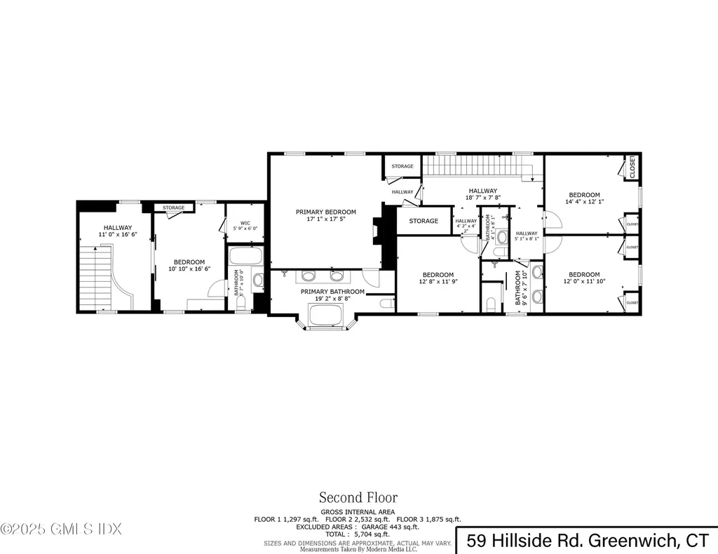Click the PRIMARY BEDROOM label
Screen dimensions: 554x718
coord(325,212)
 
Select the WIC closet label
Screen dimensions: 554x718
coord(245,224)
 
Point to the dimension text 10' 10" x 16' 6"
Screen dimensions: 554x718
coord(189,269)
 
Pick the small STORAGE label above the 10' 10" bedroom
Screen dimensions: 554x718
coord(174,208)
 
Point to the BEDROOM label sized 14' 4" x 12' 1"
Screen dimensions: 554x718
coord(584,195)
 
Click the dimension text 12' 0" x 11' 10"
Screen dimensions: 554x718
coord(584,282)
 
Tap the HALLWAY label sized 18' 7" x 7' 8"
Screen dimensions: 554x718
coord(482,191)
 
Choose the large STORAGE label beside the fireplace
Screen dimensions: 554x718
coord(424,221)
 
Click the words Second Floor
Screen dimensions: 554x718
coord(358,498)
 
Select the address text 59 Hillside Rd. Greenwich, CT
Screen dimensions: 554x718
coord(588,540)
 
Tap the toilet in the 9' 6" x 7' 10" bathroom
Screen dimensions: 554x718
coord(491,304)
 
